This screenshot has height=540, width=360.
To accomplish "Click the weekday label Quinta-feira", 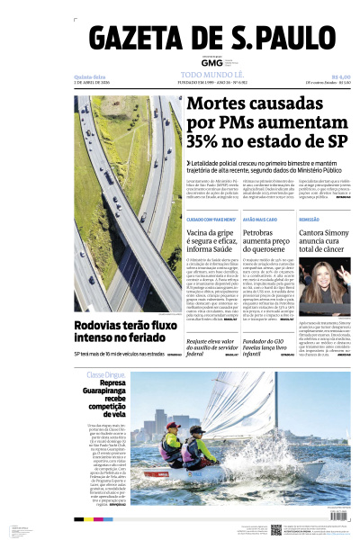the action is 90,77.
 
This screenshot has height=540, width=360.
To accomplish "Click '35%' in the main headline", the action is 208,142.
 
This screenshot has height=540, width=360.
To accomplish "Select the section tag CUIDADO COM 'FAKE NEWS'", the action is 211,220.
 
